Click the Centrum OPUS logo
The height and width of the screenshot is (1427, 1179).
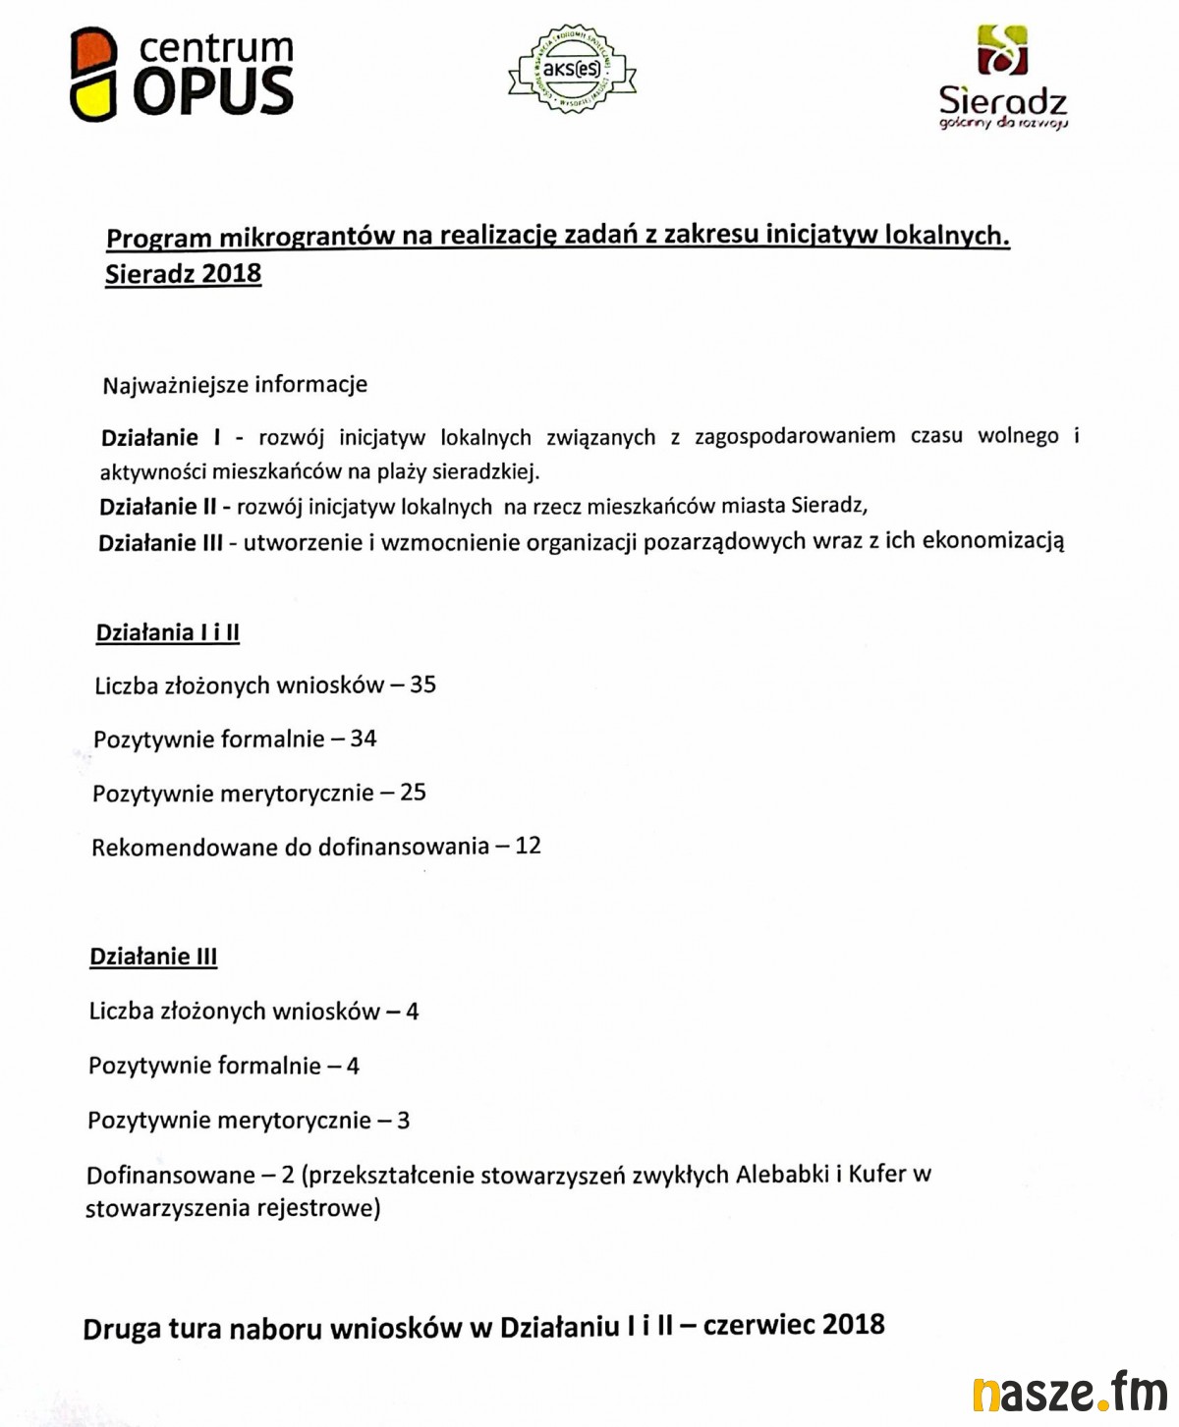point(182,75)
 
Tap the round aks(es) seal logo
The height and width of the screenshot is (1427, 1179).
point(572,69)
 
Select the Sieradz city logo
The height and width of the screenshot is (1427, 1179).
point(1002,79)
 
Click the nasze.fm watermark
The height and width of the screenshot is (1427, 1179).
point(1069,1393)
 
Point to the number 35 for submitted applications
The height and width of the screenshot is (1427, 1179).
point(423,685)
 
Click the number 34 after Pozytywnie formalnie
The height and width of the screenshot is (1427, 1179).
point(364,739)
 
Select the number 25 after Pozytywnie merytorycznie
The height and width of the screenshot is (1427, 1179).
point(414,792)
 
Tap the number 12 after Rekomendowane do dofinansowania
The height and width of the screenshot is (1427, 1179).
point(529,846)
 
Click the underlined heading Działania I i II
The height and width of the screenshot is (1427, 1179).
point(168,632)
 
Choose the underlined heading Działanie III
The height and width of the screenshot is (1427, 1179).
point(153,957)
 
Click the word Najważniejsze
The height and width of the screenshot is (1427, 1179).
point(175,385)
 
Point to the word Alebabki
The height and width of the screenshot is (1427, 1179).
point(782,1174)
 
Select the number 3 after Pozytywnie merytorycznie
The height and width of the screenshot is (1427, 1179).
point(403,1120)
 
